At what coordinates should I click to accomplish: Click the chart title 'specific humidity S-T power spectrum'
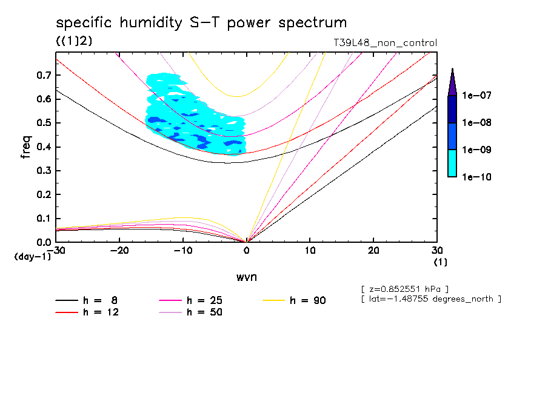pyautogui.click(x=201, y=23)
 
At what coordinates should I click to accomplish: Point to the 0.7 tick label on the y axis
pyautogui.click(x=43, y=75)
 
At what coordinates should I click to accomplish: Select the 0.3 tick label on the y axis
pyautogui.click(x=43, y=171)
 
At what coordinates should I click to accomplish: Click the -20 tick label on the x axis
pyautogui.click(x=119, y=251)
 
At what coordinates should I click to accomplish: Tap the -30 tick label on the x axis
pyautogui.click(x=56, y=251)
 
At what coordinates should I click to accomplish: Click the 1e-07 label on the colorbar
pyautogui.click(x=476, y=96)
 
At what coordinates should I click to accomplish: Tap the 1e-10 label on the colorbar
pyautogui.click(x=476, y=177)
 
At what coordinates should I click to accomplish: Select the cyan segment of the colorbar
pyautogui.click(x=452, y=163)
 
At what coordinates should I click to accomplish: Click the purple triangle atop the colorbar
pyautogui.click(x=452, y=83)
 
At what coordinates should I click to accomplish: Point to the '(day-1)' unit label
pyautogui.click(x=32, y=257)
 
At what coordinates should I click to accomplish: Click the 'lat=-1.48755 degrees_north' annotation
pyautogui.click(x=431, y=299)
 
